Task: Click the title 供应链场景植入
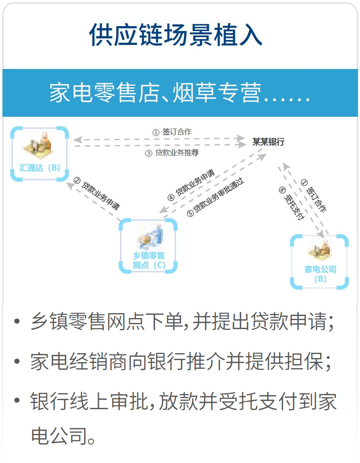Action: tap(176, 36)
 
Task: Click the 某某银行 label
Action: tap(268, 142)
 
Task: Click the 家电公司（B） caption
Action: tap(320, 274)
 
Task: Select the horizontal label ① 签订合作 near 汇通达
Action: tap(172, 132)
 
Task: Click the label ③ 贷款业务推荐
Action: tap(172, 153)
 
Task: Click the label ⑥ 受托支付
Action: tap(291, 203)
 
